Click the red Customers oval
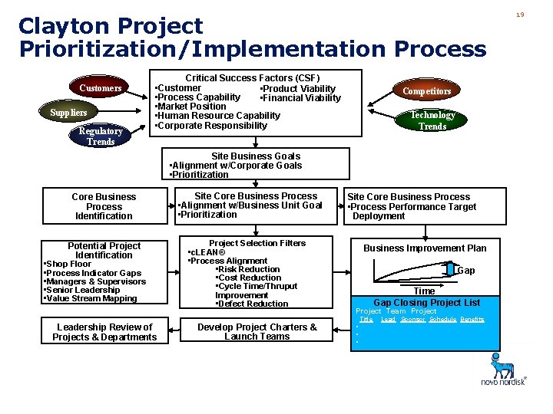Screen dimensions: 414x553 pyautogui.click(x=101, y=88)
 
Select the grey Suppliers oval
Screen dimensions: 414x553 pyautogui.click(x=68, y=113)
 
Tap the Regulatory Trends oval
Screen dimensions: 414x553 pyautogui.click(x=101, y=136)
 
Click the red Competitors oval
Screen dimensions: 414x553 pyautogui.click(x=427, y=90)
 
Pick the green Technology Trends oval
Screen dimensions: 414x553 pyautogui.click(x=432, y=120)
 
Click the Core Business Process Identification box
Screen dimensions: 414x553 pyautogui.click(x=104, y=206)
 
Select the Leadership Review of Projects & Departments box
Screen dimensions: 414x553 pyautogui.click(x=104, y=332)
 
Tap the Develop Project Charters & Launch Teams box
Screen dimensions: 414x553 pyautogui.click(x=257, y=332)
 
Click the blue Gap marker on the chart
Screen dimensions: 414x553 pyautogui.click(x=450, y=270)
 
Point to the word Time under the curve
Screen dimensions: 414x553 pyautogui.click(x=424, y=291)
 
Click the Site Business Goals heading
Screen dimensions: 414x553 pyautogui.click(x=256, y=156)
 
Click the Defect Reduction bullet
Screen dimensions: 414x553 pyautogui.click(x=253, y=304)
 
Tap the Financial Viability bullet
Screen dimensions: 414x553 pyautogui.click(x=300, y=98)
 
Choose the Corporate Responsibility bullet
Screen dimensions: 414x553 pyautogui.click(x=211, y=125)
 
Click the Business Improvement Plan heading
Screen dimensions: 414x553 pyautogui.click(x=425, y=248)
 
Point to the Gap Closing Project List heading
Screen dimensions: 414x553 pyautogui.click(x=426, y=302)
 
